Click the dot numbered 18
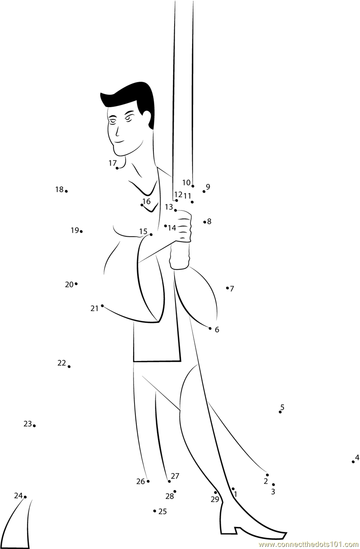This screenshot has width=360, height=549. [66, 191]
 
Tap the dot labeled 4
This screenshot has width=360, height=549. [353, 461]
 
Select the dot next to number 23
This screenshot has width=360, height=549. [34, 425]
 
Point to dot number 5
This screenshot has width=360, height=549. [280, 412]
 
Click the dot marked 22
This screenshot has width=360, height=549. [69, 367]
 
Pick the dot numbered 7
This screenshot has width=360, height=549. [227, 288]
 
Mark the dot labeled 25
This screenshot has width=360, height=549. [154, 511]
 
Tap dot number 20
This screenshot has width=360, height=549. [76, 283]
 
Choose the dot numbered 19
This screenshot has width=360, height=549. [81, 231]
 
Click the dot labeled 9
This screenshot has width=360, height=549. [204, 191]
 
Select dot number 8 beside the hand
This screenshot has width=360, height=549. [205, 221]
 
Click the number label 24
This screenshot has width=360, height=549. [18, 495]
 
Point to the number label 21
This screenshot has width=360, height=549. [94, 308]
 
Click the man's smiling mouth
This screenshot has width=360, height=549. [119, 142]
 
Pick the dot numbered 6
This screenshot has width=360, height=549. [210, 328]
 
